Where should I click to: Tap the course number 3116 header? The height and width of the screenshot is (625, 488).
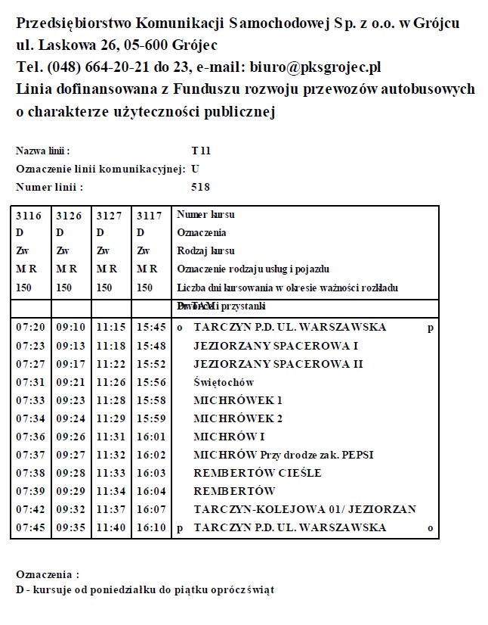click(x=29, y=215)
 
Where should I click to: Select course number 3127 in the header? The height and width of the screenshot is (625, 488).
click(x=110, y=215)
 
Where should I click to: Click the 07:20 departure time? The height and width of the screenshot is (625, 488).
click(x=30, y=328)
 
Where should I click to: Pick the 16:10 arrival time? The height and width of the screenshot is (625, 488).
click(x=151, y=527)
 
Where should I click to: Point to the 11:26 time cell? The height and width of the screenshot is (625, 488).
click(x=111, y=382)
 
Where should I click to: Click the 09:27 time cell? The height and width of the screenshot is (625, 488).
click(x=71, y=455)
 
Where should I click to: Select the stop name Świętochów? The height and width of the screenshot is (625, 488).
click(x=224, y=382)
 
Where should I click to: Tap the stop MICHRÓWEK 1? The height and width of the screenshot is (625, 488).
click(x=238, y=400)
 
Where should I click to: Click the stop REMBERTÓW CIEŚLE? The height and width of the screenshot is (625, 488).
click(x=258, y=473)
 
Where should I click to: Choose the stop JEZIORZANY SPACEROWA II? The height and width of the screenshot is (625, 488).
click(x=278, y=364)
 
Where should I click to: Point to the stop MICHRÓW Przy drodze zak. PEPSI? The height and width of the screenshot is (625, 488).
click(x=283, y=455)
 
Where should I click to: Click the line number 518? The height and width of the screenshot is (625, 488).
click(x=201, y=187)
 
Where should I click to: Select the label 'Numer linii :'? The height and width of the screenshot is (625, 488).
click(x=49, y=187)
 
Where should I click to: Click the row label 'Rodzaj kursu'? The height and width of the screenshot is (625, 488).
click(x=205, y=250)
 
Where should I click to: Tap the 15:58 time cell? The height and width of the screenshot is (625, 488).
click(x=151, y=400)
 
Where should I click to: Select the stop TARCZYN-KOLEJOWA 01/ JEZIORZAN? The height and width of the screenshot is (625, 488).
click(x=304, y=509)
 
